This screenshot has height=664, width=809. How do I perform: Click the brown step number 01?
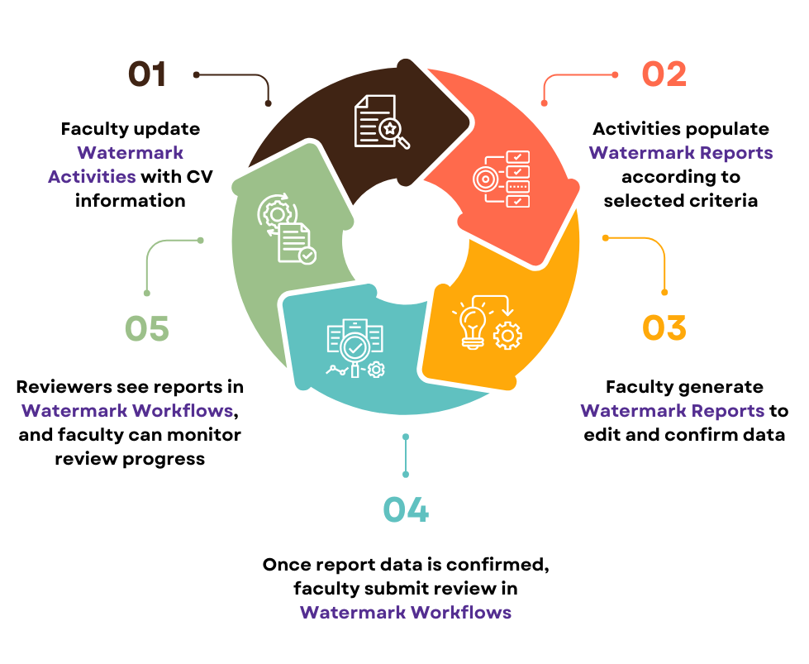coord(148,74)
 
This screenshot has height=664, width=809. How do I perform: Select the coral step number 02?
coord(664,74)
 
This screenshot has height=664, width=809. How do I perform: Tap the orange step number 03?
coord(664,327)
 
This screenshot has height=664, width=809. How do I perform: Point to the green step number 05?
coord(147,328)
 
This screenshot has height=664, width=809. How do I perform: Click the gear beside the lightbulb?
coord(507,335)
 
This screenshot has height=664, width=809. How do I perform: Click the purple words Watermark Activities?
coord(116,165)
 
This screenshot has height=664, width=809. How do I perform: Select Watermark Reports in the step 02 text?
coord(681,153)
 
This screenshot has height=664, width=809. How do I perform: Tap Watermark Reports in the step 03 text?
coord(672,410)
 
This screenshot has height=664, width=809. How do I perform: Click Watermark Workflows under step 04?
coord(406,612)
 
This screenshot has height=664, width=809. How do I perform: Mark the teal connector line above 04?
coord(406,455)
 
